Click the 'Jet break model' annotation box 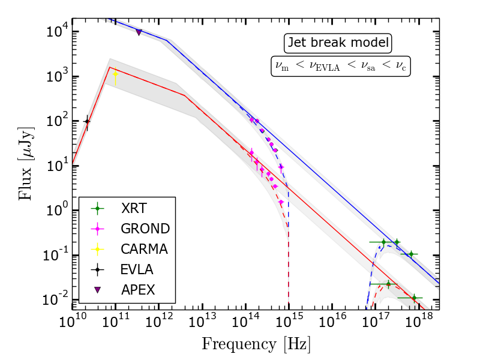click(x=338, y=43)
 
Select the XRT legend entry click(x=133, y=209)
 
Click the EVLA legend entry click(x=133, y=269)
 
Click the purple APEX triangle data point click(x=139, y=32)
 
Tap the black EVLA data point click(x=87, y=121)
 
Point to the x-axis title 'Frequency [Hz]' click(x=256, y=344)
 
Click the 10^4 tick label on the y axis click(x=58, y=32)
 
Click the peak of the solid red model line click(x=109, y=67)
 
